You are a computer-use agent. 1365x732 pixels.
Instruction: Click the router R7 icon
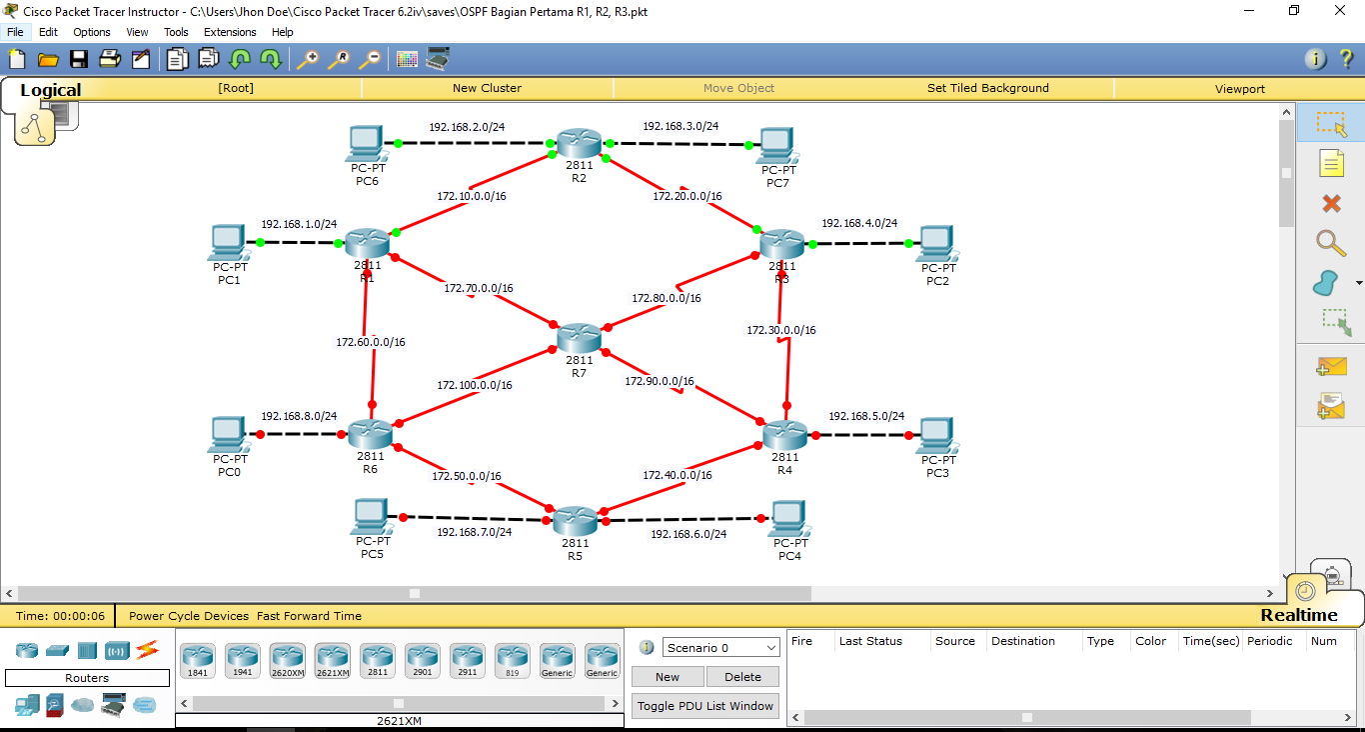click(580, 338)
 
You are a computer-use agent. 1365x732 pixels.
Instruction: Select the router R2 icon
click(579, 143)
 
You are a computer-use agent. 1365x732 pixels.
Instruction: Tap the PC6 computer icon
click(367, 144)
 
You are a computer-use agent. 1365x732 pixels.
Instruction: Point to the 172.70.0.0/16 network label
click(479, 289)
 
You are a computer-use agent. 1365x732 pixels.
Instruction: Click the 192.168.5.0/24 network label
click(866, 416)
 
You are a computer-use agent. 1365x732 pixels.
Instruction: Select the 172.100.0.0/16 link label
click(475, 385)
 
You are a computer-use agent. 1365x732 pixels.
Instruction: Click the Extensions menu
click(230, 32)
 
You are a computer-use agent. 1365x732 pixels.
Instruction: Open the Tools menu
click(176, 32)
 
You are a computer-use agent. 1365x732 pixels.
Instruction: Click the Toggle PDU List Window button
click(705, 706)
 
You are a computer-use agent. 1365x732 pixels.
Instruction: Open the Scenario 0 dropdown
click(720, 648)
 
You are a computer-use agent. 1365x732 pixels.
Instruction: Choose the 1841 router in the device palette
click(197, 660)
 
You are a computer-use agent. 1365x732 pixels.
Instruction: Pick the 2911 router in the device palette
click(467, 660)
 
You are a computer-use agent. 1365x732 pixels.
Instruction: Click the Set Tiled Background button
click(987, 88)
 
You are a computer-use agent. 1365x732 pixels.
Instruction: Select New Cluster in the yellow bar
click(487, 88)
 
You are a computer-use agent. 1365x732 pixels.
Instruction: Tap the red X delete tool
click(1331, 204)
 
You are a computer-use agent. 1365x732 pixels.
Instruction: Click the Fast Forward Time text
click(309, 616)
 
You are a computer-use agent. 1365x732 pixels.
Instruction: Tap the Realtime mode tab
click(1298, 615)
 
